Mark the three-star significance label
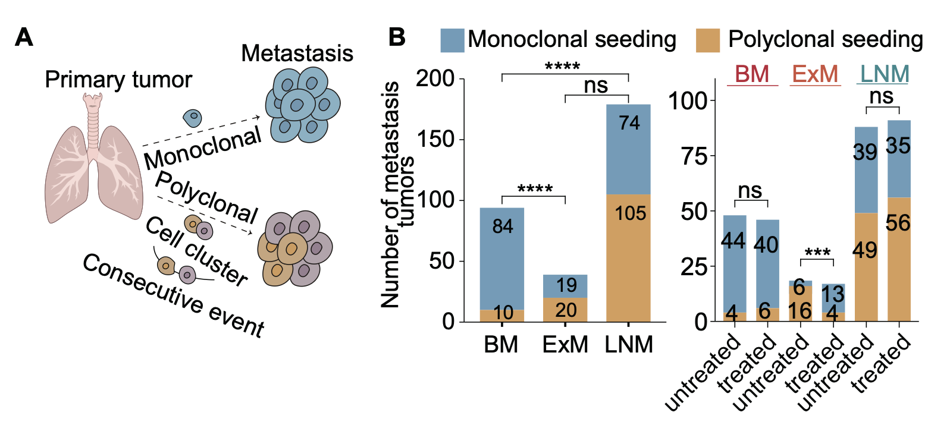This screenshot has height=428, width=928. pos(819,252)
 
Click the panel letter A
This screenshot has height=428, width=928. pos(25,38)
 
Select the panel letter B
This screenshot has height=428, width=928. pos(397,38)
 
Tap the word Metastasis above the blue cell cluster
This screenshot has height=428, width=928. pos(297,54)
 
